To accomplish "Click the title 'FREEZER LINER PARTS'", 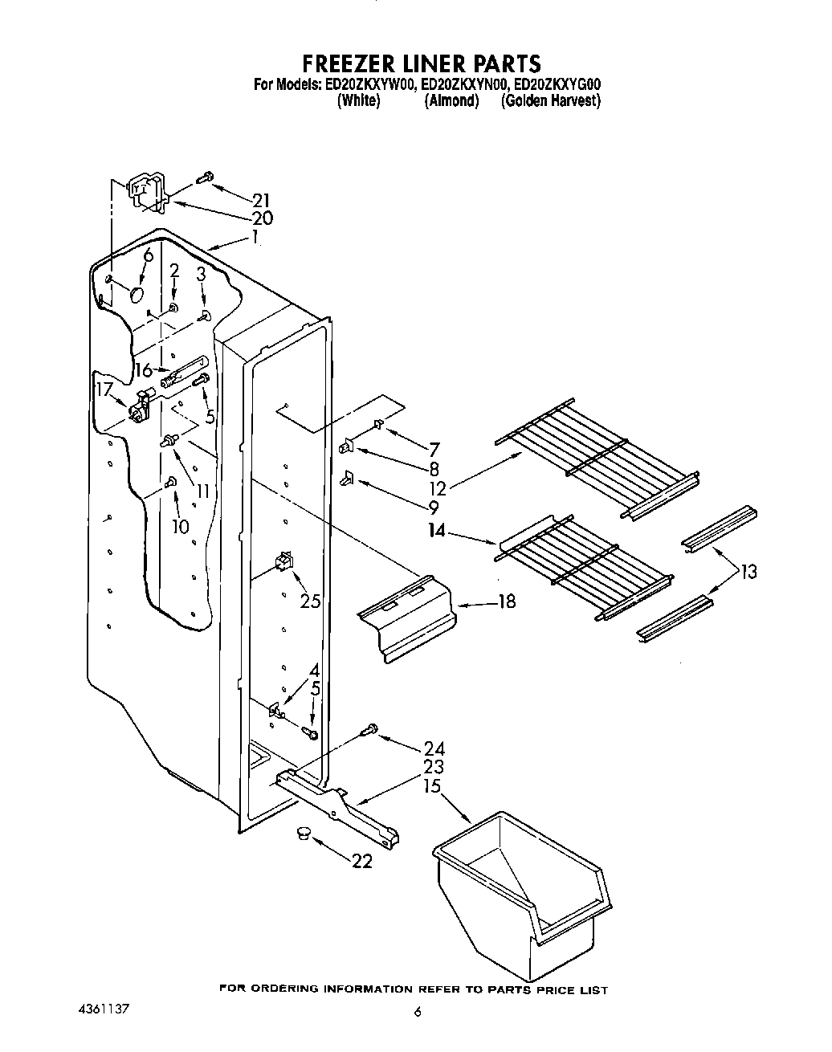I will [421, 63].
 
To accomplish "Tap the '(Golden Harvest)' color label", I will [551, 100].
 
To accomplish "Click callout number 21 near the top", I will [261, 201].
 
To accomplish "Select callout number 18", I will [506, 601].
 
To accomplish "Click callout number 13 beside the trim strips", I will [748, 572].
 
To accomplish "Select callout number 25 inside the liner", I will [310, 600].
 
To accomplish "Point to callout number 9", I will [434, 508].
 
